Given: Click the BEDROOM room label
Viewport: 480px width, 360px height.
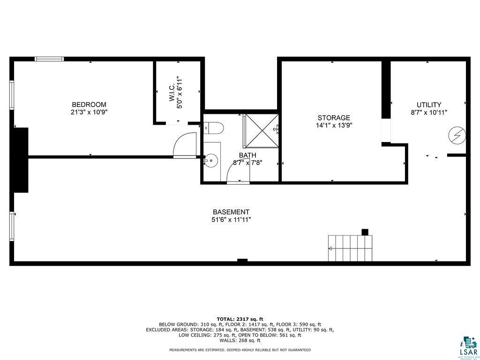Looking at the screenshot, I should coord(89,105).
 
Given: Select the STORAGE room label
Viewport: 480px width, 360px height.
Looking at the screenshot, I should coord(334,118).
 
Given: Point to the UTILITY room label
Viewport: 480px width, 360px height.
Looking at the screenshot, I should coord(429,105).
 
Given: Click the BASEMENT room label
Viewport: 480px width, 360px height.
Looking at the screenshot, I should coord(231,212).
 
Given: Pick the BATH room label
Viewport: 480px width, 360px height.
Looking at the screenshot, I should coord(247,155).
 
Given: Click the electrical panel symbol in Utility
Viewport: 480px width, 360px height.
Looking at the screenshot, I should coord(457,135).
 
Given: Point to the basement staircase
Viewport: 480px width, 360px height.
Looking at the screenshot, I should coord(350,248).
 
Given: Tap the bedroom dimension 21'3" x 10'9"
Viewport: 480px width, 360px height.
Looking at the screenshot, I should coord(89,112).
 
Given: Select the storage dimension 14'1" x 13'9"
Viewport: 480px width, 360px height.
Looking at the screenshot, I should coord(334,126).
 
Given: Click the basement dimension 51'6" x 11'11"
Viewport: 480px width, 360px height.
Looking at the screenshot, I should coord(231,220).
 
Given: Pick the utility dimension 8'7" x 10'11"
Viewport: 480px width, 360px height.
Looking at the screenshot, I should coord(429,112).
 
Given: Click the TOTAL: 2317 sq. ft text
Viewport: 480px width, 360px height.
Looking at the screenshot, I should coord(240,319).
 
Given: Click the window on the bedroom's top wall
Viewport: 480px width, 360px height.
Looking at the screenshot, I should coord(49,59).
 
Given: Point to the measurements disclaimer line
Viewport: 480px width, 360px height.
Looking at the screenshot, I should coord(240,350).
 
